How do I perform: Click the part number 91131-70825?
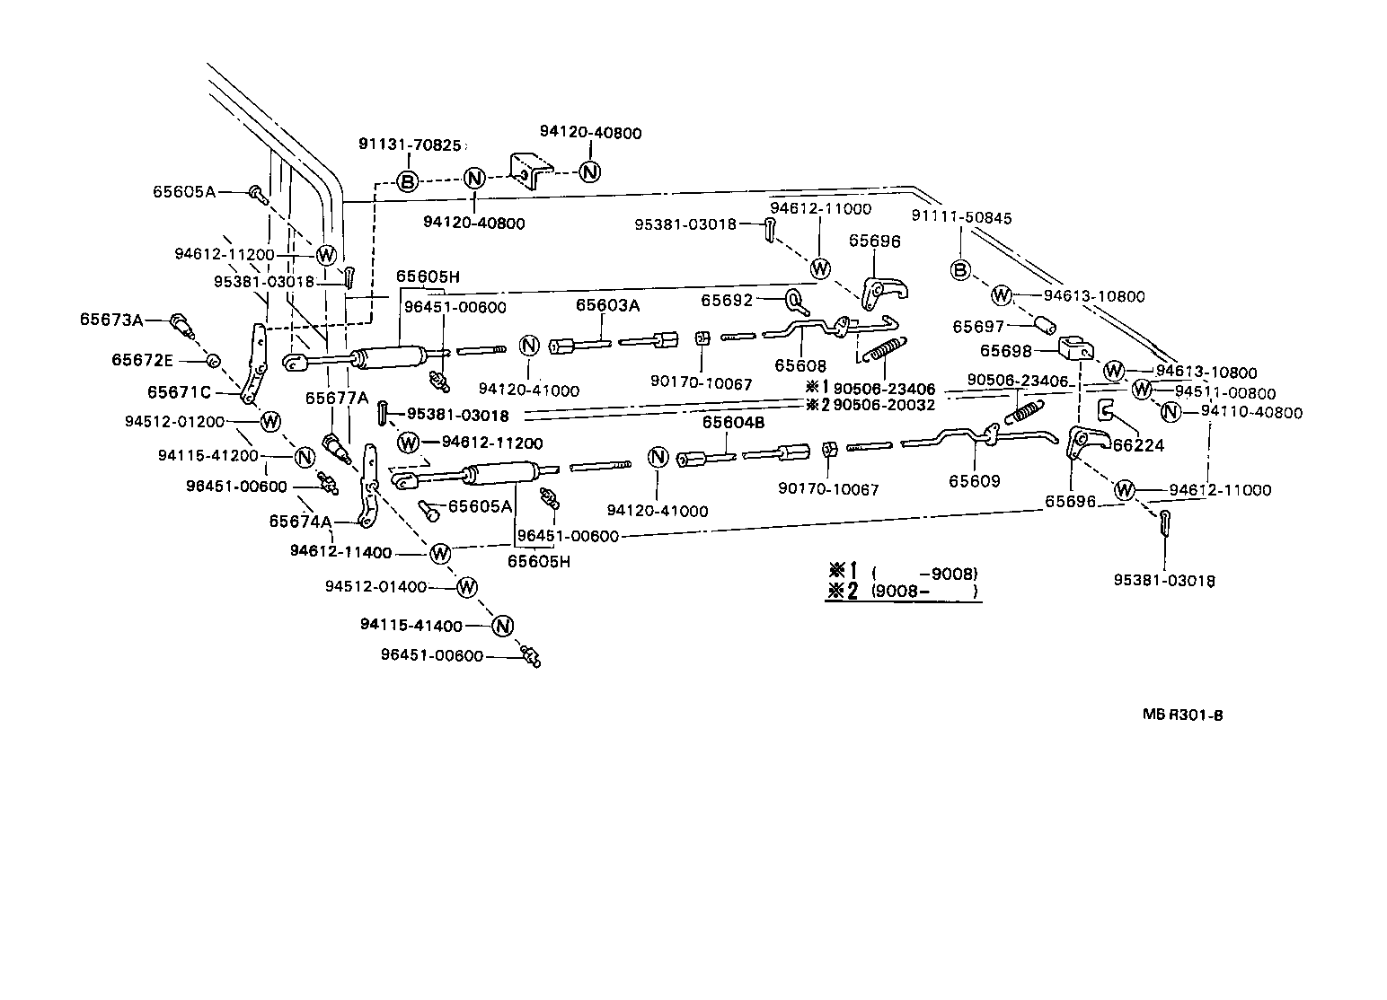coord(410,145)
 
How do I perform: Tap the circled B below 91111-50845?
coord(960,270)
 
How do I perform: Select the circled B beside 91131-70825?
coord(407,182)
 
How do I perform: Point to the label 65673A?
coord(111,320)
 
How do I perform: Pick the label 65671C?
coord(180,392)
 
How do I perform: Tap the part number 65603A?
coord(607,305)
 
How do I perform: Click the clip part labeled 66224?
coord(1106,411)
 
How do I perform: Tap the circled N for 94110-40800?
coord(1170,412)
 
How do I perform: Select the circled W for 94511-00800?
coord(1141,390)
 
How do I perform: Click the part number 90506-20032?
coord(884,405)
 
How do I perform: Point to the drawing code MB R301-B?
coord(1182,715)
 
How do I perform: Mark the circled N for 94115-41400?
coord(502,626)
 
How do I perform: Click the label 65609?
coord(974,481)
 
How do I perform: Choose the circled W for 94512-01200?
coord(269,421)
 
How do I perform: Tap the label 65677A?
coord(336,398)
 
